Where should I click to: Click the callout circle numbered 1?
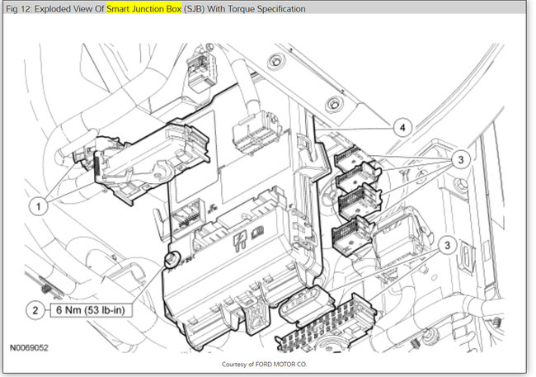[x=38, y=206]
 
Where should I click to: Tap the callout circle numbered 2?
[x=35, y=310]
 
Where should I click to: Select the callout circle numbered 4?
[x=402, y=127]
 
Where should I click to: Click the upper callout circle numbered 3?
[x=460, y=159]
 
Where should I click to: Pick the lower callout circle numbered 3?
[x=447, y=245]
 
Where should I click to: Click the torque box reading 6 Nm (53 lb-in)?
[x=91, y=310]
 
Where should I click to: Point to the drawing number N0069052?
[x=29, y=348]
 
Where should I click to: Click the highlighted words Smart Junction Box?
[x=144, y=8]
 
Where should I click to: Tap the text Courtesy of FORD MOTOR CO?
[x=264, y=365]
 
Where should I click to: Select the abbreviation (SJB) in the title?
[x=194, y=8]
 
